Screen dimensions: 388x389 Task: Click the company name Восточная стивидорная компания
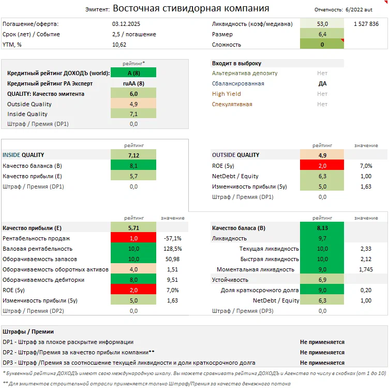click(x=190, y=8)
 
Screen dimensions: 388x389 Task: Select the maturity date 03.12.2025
click(x=126, y=24)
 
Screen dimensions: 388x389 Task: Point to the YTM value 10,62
click(x=119, y=45)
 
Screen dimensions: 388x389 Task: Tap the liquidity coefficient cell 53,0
click(x=322, y=24)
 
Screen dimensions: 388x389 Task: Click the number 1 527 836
click(x=366, y=24)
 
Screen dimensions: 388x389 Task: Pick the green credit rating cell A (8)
click(x=133, y=73)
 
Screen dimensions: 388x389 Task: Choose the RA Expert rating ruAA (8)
click(x=133, y=83)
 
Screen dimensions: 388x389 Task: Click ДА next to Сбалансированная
click(x=322, y=83)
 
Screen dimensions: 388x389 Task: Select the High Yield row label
click(x=227, y=94)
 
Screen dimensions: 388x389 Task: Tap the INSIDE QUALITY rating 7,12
click(x=133, y=155)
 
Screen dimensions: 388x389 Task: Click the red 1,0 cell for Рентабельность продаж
click(x=133, y=238)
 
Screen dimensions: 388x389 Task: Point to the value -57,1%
click(x=172, y=238)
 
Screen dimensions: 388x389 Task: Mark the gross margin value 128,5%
click(x=172, y=249)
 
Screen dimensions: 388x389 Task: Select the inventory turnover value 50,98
click(x=172, y=259)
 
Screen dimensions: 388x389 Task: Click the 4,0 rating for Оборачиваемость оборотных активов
click(x=133, y=269)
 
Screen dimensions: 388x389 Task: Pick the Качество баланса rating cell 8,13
click(x=322, y=228)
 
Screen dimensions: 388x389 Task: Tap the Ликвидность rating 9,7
click(x=322, y=238)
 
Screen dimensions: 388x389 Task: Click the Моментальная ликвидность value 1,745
click(x=366, y=269)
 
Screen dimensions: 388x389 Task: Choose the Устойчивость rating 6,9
click(x=322, y=280)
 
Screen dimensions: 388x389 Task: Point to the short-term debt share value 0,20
click(x=366, y=290)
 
